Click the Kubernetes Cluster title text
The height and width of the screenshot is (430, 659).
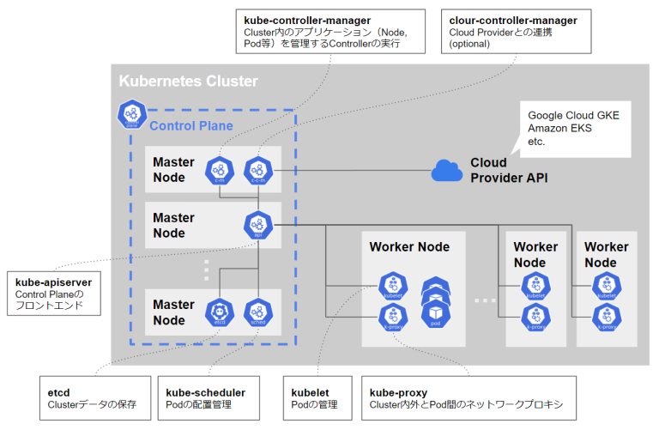click(188, 82)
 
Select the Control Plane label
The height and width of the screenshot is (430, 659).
click(191, 126)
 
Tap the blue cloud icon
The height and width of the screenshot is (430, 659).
click(447, 170)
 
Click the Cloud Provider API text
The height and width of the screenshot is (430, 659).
click(509, 170)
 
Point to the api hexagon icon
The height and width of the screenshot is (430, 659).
click(257, 225)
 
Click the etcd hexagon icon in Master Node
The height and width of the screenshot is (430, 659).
click(220, 311)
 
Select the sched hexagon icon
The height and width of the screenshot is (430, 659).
click(257, 311)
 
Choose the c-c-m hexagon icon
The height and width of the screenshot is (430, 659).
click(257, 170)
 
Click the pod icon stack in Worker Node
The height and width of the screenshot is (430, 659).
click(436, 297)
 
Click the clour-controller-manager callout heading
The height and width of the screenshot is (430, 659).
click(513, 20)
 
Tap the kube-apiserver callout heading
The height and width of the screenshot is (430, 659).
click(53, 282)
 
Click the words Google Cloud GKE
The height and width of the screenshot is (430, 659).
click(580, 114)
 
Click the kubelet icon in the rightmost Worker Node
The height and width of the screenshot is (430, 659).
click(607, 288)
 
